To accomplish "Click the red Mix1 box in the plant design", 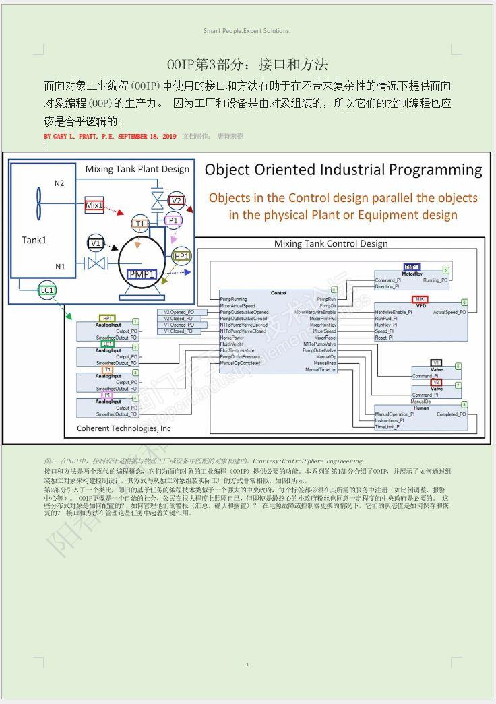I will [94, 205].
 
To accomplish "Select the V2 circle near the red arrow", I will [177, 200].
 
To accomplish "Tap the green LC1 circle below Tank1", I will [46, 290].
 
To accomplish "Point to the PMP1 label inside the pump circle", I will [142, 274].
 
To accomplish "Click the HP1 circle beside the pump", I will [182, 256].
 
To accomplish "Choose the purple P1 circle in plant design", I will [173, 220].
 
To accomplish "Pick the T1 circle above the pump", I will [140, 224].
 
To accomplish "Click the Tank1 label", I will [34, 240].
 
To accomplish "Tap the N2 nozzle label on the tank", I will [60, 183].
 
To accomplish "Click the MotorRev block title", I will [412, 274].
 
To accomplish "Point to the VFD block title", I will [421, 305].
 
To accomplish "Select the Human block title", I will [421, 408].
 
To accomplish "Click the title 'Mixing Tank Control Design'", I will [331, 243].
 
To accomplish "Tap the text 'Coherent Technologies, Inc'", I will [124, 428].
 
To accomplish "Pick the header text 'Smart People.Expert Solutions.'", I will [247, 31].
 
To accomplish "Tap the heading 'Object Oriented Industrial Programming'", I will [343, 170].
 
